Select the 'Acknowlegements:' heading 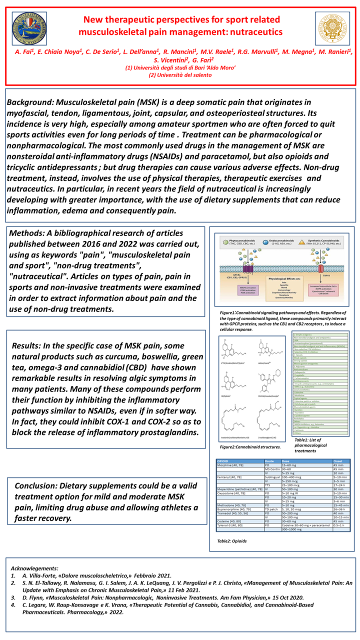click(34, 568)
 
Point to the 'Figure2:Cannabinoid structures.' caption click(250, 446)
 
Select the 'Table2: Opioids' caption click(232, 541)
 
